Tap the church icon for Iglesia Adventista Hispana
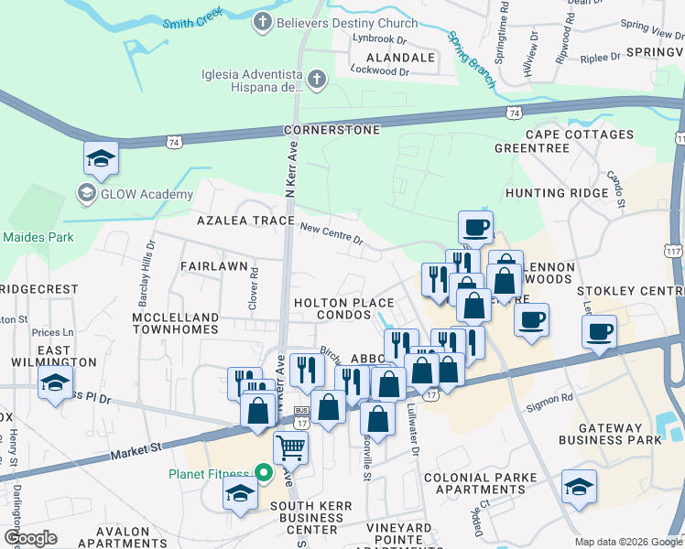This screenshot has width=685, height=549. pyautogui.click(x=318, y=81)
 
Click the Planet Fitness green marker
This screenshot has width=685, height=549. pyautogui.click(x=264, y=473)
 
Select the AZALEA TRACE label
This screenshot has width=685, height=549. pyautogui.click(x=245, y=221)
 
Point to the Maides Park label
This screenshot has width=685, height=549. pyautogui.click(x=38, y=237)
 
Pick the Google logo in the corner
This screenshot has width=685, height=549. pyautogui.click(x=30, y=538)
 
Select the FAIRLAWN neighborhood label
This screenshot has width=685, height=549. pyautogui.click(x=213, y=266)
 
